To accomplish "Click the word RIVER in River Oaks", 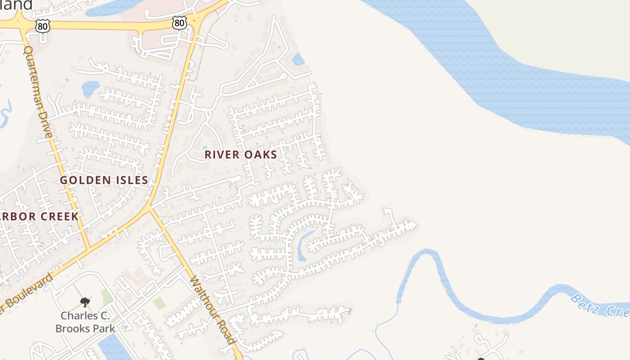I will [221, 154].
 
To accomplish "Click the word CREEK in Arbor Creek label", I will [59, 216].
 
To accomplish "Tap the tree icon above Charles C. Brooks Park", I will [85, 302].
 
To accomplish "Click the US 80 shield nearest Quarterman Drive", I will [43, 26].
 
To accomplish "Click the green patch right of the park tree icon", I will [107, 297].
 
